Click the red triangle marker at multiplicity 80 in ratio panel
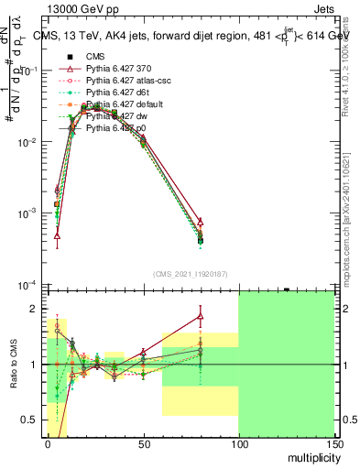pos(200,317)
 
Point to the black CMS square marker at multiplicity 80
pos(200,241)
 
